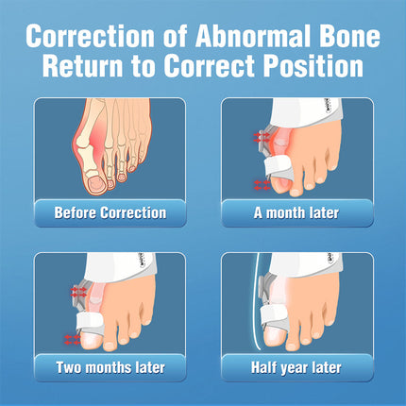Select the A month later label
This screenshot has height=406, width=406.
pyautogui.click(x=296, y=212)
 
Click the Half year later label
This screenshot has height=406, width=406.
pyautogui.click(x=296, y=367)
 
